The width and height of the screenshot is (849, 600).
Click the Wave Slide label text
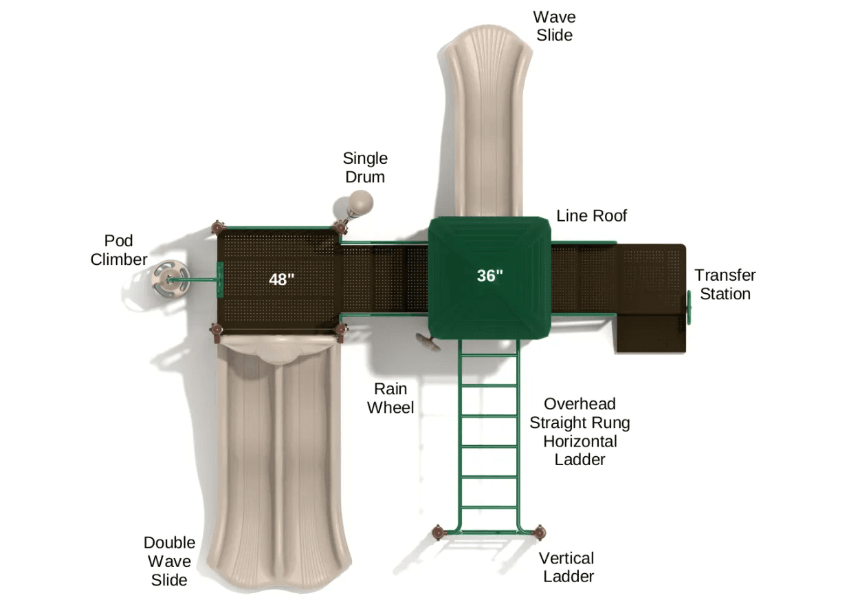(x=554, y=25)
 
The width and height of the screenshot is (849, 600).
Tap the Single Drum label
(x=365, y=167)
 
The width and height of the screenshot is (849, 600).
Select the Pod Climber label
(x=119, y=250)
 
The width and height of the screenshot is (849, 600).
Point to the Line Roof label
(x=591, y=215)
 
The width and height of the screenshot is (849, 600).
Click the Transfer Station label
(x=725, y=284)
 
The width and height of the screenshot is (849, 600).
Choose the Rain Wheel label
(x=390, y=398)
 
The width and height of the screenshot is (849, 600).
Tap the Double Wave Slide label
(x=169, y=561)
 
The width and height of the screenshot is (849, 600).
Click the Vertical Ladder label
(x=566, y=567)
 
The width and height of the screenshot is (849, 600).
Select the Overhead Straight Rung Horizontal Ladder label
(x=580, y=431)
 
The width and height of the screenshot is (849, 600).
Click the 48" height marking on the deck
(x=282, y=279)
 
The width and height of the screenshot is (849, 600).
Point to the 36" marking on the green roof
(x=490, y=276)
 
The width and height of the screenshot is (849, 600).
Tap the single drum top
(x=360, y=202)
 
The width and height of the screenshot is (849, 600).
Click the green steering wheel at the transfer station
(x=687, y=306)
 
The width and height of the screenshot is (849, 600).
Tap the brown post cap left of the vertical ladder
(x=439, y=531)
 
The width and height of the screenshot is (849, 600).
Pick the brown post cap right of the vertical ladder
(x=540, y=531)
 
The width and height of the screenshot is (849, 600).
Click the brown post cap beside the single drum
(x=340, y=227)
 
